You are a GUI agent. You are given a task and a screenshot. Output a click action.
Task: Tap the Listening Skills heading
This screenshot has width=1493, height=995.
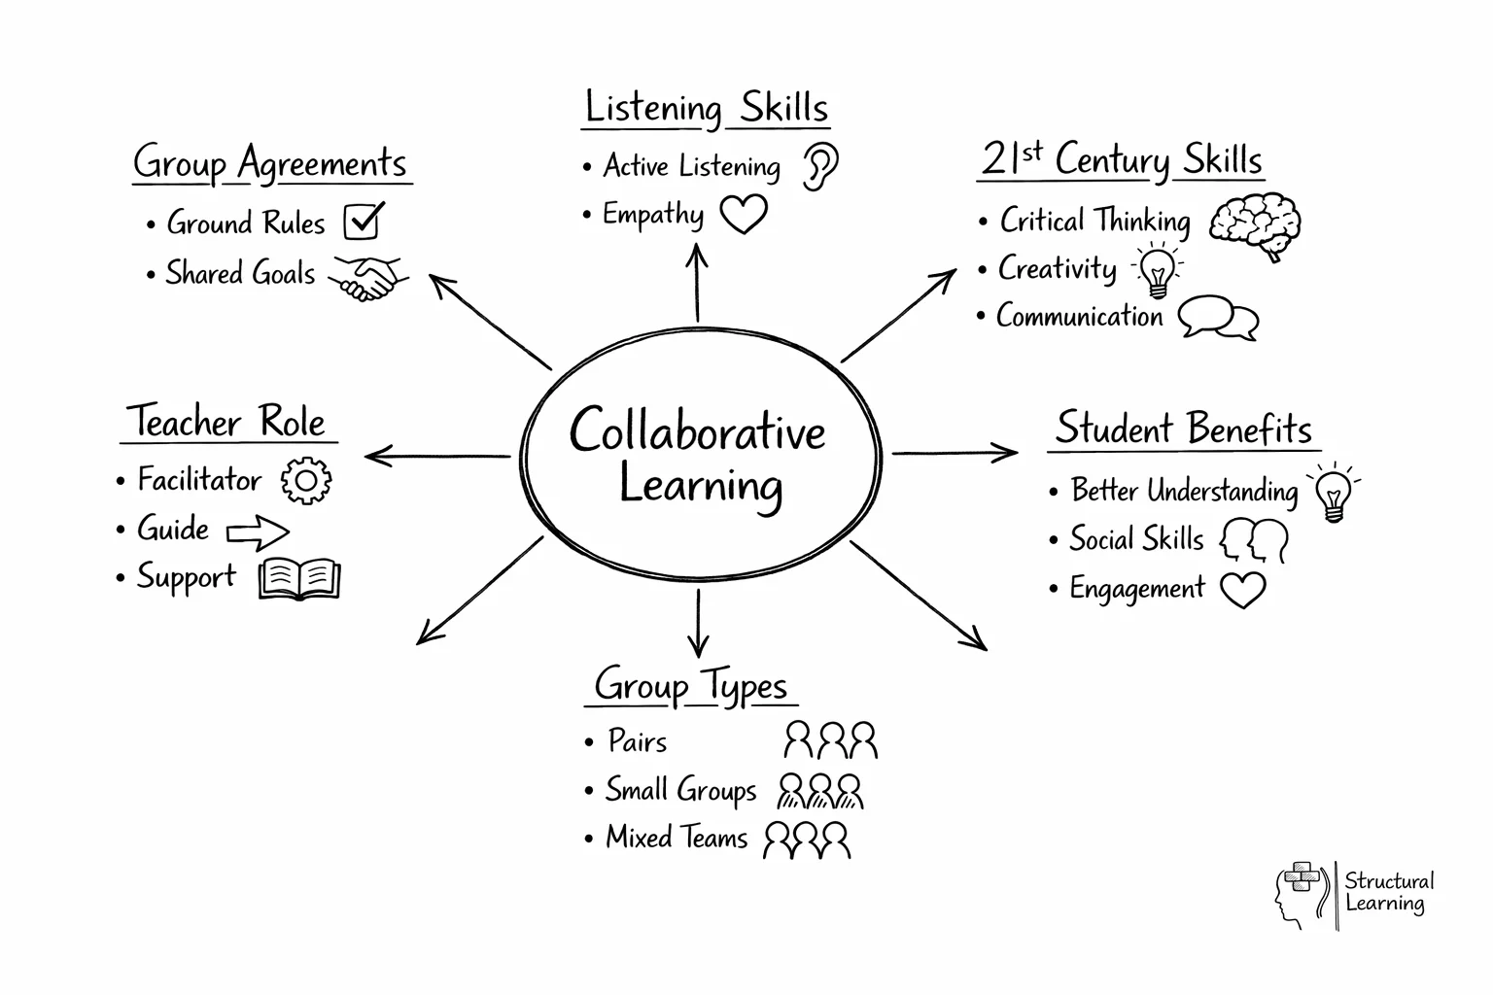(707, 108)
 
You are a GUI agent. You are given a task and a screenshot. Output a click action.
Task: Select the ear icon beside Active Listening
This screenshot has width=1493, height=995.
(820, 166)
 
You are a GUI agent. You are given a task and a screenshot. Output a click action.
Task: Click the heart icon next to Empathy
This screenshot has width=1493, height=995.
(744, 214)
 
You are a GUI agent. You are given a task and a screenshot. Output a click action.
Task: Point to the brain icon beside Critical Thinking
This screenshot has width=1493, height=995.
(1256, 224)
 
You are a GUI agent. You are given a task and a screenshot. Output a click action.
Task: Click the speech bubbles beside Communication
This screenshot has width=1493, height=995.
(1219, 318)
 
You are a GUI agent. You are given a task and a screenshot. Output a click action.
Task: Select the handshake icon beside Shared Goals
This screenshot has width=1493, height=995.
(368, 276)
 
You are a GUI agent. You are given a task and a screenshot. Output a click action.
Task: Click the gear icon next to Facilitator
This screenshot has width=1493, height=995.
(305, 480)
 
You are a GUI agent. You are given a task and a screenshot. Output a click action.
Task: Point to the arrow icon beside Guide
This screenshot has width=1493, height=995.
(258, 532)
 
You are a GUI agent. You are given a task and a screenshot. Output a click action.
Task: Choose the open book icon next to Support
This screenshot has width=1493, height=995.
(299, 579)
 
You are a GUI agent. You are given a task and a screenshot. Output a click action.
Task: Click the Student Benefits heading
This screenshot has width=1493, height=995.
(1184, 429)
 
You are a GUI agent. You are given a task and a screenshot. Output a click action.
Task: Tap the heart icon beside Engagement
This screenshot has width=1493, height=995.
(1242, 589)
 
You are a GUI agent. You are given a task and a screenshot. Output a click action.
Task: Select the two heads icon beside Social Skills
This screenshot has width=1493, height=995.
(1254, 540)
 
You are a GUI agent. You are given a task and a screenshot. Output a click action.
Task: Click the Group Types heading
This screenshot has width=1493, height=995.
(691, 686)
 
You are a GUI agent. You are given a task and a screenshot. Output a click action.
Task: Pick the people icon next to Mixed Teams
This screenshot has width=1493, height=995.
(807, 840)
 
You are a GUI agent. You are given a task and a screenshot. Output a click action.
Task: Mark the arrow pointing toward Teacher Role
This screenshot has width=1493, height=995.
(437, 455)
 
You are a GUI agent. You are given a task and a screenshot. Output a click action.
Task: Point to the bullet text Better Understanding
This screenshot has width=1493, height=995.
(1184, 491)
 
